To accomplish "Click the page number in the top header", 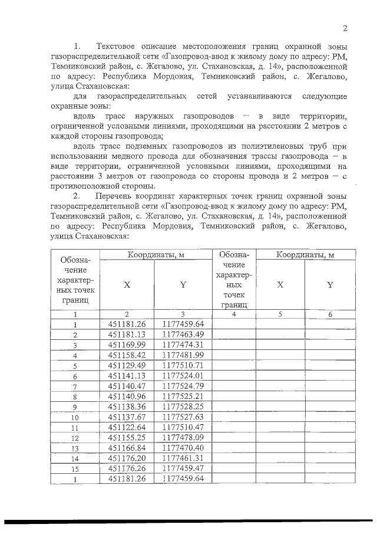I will pyautogui.click(x=345, y=28).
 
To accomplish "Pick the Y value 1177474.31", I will pyautogui.click(x=183, y=344).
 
